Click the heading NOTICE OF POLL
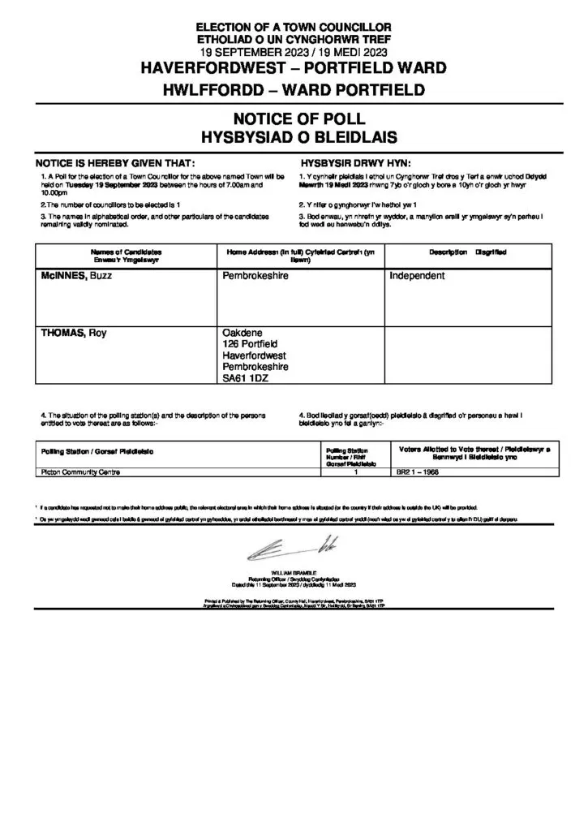293,120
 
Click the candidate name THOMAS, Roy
74,333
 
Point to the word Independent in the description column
417,276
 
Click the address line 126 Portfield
250,344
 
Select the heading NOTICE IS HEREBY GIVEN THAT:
114,162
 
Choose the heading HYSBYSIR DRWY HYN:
355,162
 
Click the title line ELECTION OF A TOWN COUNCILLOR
293,28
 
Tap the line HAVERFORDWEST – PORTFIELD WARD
293,70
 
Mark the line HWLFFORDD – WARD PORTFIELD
293,88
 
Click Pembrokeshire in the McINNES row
255,276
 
